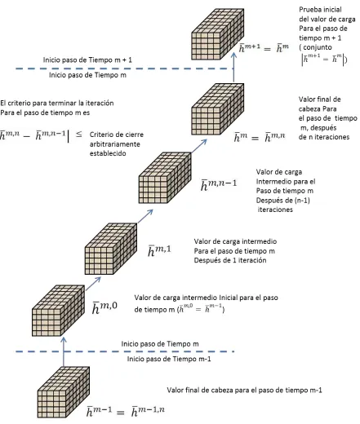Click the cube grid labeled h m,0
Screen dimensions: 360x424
[59, 311]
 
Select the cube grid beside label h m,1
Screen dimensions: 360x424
[111, 249]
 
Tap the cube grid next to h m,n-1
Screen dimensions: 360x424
[165, 178]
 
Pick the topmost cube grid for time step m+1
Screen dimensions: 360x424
[218, 34]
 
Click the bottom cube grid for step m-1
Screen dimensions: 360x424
[64, 392]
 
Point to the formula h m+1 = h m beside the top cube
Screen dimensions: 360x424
[264, 48]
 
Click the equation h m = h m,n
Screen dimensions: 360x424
[260, 137]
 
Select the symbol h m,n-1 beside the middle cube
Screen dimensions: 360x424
[219, 184]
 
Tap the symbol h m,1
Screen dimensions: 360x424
[159, 250]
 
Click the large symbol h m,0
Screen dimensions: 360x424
[104, 307]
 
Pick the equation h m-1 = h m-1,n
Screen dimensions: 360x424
[126, 411]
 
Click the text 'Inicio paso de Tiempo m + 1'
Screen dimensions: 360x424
[87, 60]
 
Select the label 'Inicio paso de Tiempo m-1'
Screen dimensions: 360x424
[169, 359]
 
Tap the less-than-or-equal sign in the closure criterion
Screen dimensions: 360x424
[78, 134]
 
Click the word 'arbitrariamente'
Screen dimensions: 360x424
[115, 144]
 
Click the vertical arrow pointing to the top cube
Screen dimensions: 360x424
[233, 67]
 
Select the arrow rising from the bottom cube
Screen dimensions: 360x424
[64, 351]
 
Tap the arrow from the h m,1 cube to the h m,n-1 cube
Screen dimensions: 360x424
[145, 216]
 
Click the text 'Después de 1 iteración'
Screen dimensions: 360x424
[230, 260]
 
